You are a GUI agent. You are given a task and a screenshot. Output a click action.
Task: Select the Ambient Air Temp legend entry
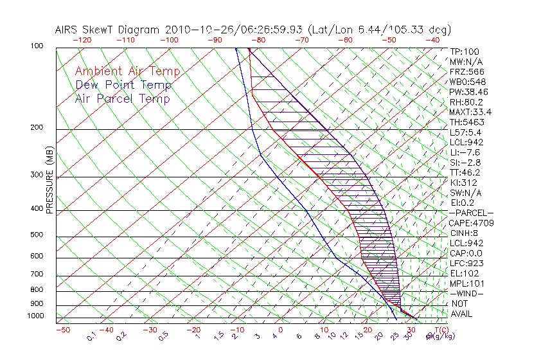point(127,72)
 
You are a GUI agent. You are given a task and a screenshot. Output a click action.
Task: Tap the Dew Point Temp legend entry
point(123,85)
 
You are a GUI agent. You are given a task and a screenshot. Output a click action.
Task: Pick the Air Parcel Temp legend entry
point(123,99)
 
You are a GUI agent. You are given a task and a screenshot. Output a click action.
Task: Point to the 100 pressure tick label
point(37,46)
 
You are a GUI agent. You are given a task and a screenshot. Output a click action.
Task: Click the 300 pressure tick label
point(37,175)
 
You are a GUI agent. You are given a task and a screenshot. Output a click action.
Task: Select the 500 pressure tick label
point(37,235)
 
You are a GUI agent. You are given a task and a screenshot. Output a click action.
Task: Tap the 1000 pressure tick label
point(35,316)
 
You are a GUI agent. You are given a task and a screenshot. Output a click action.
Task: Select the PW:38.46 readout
point(469,92)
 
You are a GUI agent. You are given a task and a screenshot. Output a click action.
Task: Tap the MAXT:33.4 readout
point(471,112)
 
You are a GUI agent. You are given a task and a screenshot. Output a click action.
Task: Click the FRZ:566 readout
point(467,71)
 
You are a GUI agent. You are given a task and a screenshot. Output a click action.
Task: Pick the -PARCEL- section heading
point(471,213)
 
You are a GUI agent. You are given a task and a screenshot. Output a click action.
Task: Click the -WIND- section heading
point(467,293)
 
